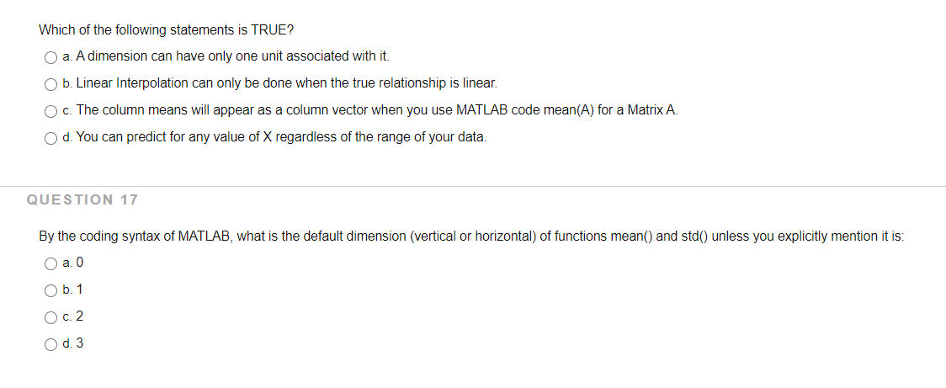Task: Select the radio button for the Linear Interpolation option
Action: click(x=51, y=84)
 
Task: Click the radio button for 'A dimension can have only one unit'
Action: click(x=51, y=57)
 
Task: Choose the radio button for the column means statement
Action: click(x=51, y=111)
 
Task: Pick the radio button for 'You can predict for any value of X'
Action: click(x=51, y=138)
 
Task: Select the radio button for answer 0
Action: click(x=51, y=263)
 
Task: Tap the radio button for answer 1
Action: click(x=51, y=290)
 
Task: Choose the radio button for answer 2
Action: click(x=51, y=317)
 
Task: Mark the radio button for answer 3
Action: click(x=51, y=344)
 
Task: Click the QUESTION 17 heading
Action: click(x=82, y=199)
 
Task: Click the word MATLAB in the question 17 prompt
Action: click(x=203, y=237)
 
